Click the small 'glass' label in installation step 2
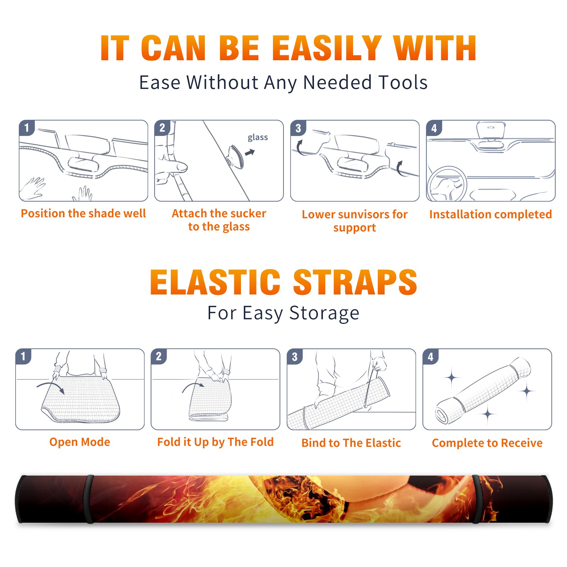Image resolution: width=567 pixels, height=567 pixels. coord(258,137)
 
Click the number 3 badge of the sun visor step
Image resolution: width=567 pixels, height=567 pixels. coord(298,128)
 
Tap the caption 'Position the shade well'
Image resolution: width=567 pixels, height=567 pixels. coord(83,213)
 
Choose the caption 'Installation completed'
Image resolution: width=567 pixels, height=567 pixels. coord(490,214)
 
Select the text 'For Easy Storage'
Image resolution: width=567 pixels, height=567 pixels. coord(283,313)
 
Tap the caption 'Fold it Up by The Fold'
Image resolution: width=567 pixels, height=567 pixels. coord(215,442)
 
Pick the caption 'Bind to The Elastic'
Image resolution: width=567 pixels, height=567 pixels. coord(351,443)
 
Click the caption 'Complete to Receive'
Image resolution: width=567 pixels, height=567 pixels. coord(487,443)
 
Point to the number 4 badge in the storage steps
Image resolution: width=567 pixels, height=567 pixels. coord(430,357)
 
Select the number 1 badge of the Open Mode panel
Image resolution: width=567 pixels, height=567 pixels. coord(23,357)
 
